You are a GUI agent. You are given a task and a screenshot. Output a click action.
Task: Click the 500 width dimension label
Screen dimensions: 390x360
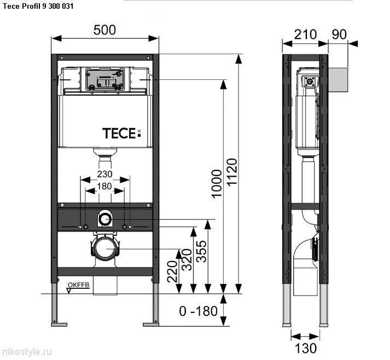point(104,30)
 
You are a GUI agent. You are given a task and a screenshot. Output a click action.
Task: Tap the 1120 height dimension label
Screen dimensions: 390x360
point(232,172)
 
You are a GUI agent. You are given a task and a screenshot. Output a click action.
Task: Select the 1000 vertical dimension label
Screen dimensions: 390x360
point(217,184)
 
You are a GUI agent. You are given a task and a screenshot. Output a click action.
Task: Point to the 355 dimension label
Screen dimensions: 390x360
point(201,251)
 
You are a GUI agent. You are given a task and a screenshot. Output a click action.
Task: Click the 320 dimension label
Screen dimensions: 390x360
point(187,260)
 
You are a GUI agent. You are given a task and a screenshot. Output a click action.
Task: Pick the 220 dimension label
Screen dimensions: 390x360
point(172,271)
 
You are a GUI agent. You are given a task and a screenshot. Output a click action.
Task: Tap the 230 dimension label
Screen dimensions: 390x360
point(104,174)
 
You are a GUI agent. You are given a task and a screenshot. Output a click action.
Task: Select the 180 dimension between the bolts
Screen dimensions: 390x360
point(104,186)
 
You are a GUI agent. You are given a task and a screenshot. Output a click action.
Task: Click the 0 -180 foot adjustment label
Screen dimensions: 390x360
point(198,311)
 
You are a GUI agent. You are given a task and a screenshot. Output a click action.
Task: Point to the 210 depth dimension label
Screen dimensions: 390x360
point(305,34)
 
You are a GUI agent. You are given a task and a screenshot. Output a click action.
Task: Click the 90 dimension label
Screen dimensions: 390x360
point(339,34)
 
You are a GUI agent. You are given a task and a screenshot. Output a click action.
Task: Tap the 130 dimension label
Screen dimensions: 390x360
point(306,348)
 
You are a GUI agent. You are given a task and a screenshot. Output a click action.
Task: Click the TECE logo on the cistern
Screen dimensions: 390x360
point(121,133)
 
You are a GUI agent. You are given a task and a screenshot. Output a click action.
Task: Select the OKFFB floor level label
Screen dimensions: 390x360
point(78,285)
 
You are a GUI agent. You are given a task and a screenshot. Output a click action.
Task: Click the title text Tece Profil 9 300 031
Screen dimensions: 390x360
point(38,6)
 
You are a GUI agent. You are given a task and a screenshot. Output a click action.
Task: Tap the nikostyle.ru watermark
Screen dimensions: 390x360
point(27,352)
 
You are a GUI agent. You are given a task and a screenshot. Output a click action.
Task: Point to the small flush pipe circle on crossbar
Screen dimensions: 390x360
point(105,219)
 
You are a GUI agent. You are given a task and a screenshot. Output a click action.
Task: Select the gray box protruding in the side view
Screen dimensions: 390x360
point(338,80)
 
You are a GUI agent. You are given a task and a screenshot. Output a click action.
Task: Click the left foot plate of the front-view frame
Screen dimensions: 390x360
point(59,324)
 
